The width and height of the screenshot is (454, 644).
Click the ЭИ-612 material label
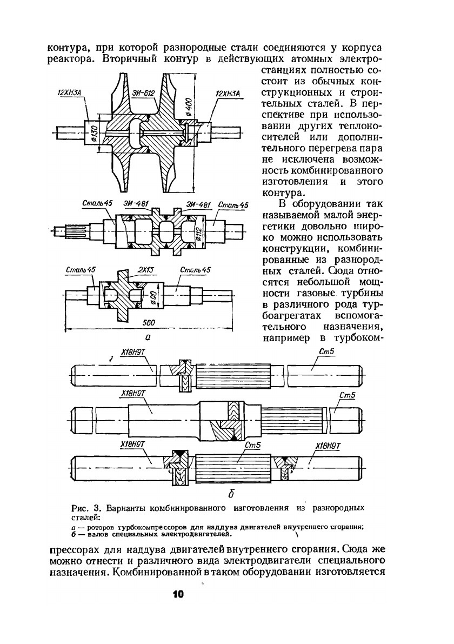tap(143, 94)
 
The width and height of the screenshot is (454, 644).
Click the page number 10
tap(178, 594)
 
